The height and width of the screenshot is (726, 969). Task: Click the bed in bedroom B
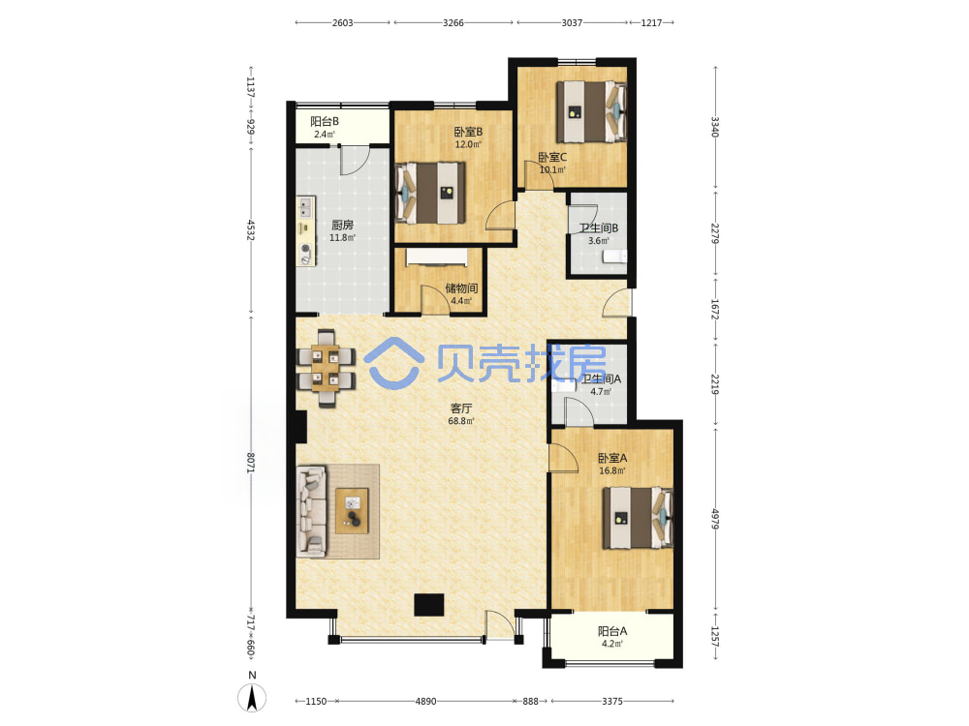tap(430, 194)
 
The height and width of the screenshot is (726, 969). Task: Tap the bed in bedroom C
tap(591, 111)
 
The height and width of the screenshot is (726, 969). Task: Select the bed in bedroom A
tap(638, 518)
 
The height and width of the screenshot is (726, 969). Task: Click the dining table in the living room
tap(326, 369)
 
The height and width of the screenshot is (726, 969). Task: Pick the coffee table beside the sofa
tap(353, 511)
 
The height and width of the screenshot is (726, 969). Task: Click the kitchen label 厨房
tap(342, 225)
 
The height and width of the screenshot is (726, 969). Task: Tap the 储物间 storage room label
tap(461, 288)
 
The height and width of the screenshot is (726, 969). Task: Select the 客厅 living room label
tap(461, 408)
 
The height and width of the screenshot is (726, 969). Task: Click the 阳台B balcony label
tap(325, 122)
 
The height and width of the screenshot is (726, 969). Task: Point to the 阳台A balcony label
tap(612, 631)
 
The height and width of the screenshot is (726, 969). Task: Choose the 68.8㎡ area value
tap(461, 421)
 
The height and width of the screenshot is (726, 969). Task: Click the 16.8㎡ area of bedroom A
tap(611, 470)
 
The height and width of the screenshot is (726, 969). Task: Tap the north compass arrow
tap(252, 698)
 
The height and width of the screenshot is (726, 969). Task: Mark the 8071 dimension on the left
tap(251, 463)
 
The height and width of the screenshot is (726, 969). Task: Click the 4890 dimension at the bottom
tap(425, 701)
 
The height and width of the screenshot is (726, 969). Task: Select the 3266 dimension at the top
tap(453, 23)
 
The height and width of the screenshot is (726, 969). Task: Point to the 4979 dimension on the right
tap(715, 519)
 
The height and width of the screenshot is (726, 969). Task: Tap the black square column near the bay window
tap(429, 605)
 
